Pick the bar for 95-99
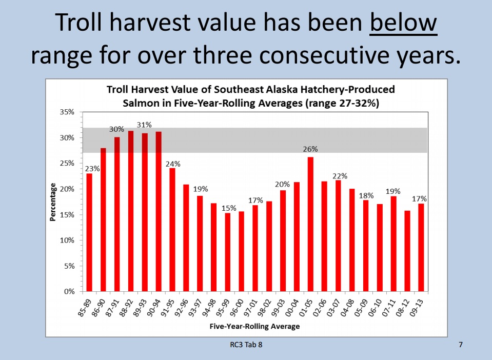[228, 252]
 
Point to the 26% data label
[310, 149]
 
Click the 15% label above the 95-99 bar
[228, 208]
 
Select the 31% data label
[145, 125]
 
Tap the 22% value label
[340, 176]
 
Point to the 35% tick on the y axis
[68, 112]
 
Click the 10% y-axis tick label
[68, 240]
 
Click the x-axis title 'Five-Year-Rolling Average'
[254, 326]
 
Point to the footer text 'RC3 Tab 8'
[246, 345]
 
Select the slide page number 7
[460, 345]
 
